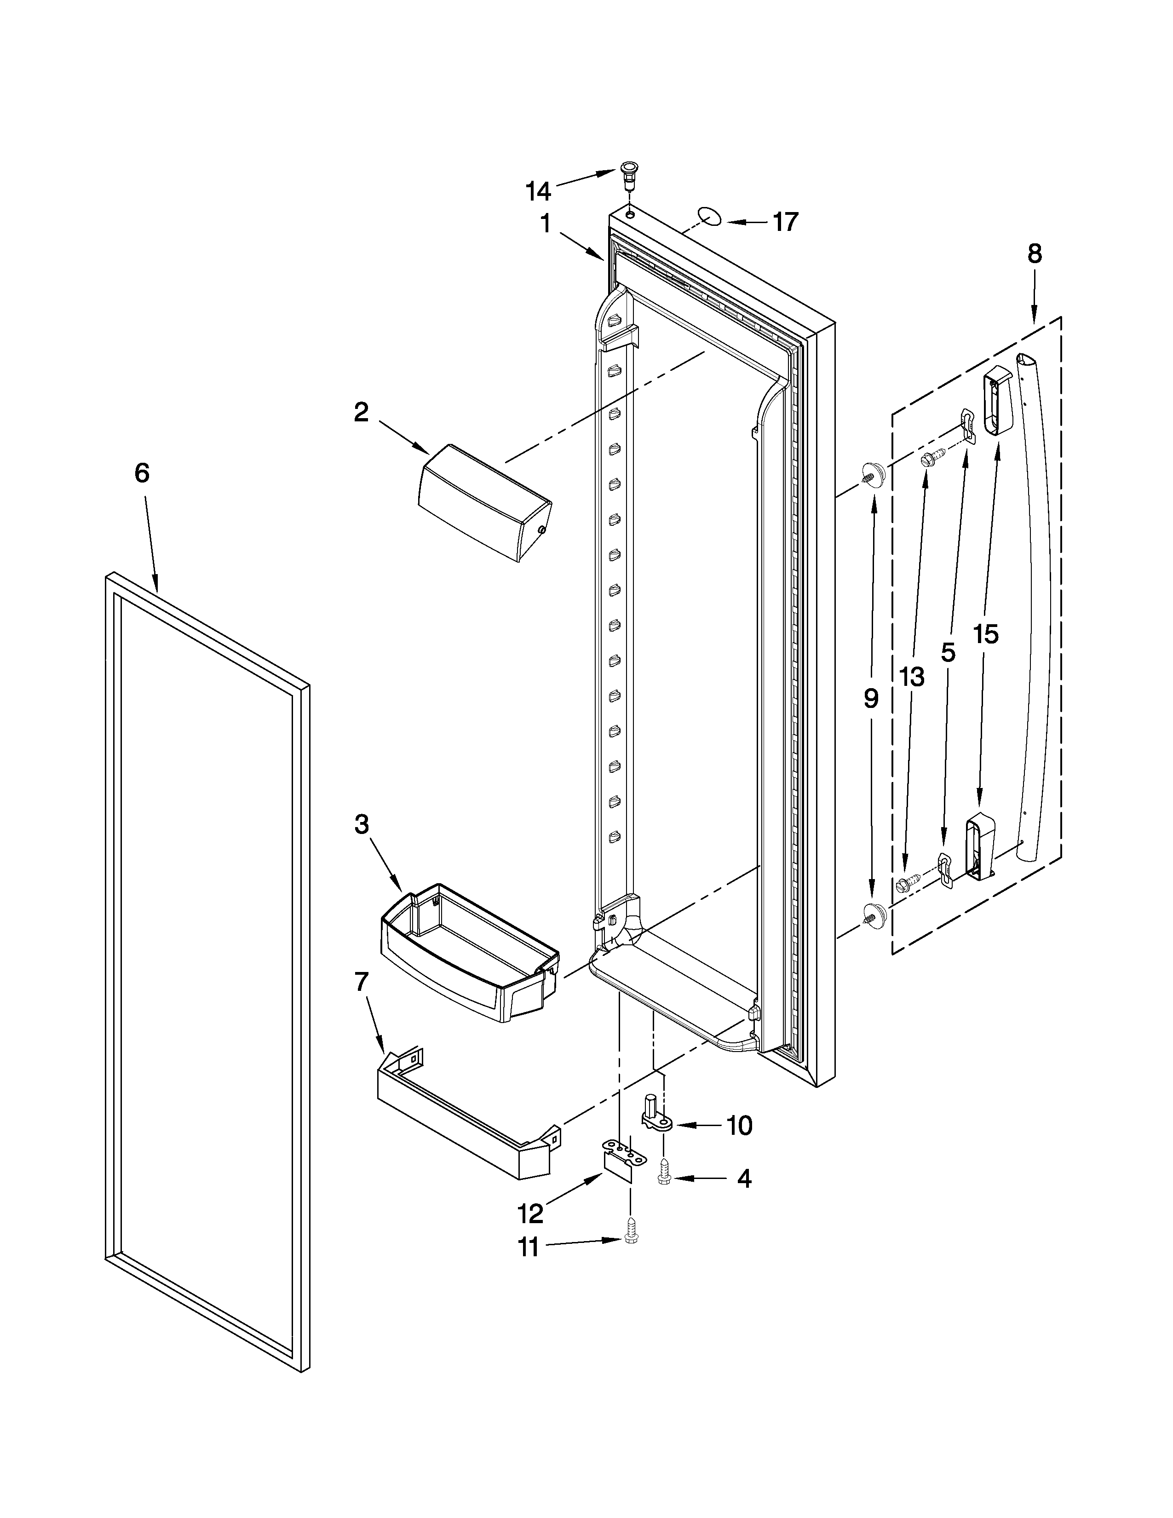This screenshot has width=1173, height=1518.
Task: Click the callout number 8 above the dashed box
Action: tap(1035, 254)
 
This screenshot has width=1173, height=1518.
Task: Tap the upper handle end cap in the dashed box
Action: tap(998, 402)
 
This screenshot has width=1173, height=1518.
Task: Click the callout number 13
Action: tap(912, 676)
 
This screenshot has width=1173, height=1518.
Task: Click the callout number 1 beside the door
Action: tap(546, 224)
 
